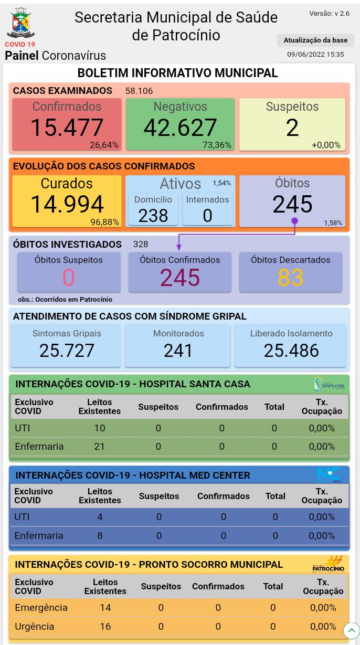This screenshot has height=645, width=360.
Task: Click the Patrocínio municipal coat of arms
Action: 20,24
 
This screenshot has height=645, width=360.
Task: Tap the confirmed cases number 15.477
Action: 67,128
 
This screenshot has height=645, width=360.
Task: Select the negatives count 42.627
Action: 180,128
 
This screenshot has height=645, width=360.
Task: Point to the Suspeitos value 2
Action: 292,128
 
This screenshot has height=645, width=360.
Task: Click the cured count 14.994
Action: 67,204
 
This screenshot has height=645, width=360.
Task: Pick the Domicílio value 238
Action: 153,215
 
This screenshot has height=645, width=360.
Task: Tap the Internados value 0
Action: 207,215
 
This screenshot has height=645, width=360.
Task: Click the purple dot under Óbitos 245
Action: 294,221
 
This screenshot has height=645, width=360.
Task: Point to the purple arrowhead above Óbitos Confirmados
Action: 179,247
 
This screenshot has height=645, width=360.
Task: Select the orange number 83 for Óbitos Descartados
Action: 290,278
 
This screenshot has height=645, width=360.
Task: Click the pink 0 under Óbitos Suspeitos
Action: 68,278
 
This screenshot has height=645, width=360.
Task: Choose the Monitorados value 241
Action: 178,351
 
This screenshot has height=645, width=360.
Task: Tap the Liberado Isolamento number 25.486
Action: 291,351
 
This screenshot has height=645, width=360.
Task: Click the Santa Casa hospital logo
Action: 329,384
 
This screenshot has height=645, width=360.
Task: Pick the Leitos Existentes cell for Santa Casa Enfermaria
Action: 99,446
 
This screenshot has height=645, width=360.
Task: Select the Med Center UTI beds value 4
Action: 100,517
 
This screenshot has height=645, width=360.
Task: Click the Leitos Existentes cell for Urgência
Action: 105,626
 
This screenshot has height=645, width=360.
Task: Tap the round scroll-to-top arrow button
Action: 351,630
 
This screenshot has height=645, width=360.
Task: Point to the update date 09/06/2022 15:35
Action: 315,55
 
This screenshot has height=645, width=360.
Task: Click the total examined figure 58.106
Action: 139,91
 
